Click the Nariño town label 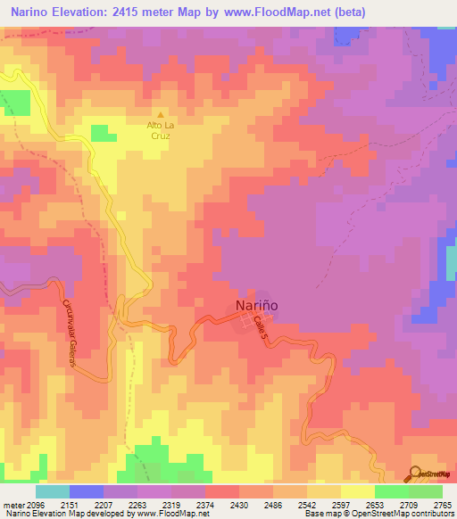(x=257, y=305)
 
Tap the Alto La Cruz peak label (x=161, y=131)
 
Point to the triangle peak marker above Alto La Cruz (x=161, y=114)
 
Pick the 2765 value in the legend (x=443, y=505)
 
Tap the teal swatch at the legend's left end (x=52, y=491)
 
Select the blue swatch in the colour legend (x=86, y=491)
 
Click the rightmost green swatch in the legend (x=425, y=491)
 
